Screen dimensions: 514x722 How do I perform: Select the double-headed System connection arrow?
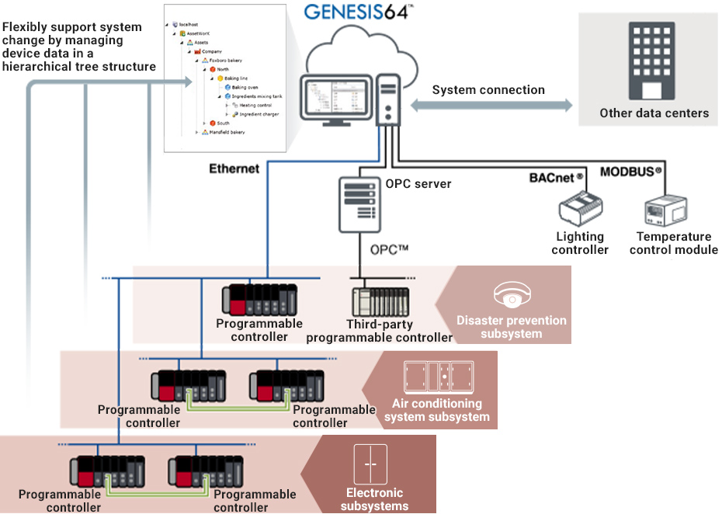pos(491,106)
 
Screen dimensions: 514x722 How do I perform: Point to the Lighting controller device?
pos(581,211)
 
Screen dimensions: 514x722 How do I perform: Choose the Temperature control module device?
pos(665,212)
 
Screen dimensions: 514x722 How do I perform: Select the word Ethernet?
pos(234,168)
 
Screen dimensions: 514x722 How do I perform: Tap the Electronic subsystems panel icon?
pos(370,464)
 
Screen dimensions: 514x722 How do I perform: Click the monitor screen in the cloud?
pos(335,98)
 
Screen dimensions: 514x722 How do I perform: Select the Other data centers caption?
pos(654,113)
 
